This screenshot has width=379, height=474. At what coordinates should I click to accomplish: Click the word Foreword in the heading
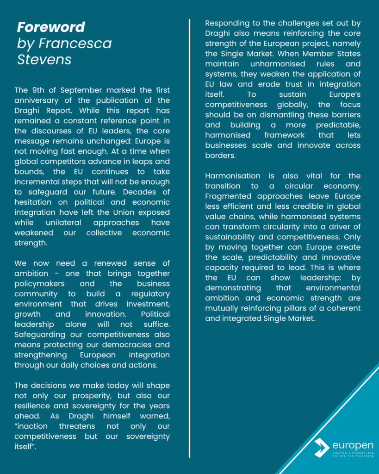(51, 27)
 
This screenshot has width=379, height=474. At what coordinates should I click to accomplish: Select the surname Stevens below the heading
(44, 59)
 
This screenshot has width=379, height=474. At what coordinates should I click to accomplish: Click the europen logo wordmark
(353, 445)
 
